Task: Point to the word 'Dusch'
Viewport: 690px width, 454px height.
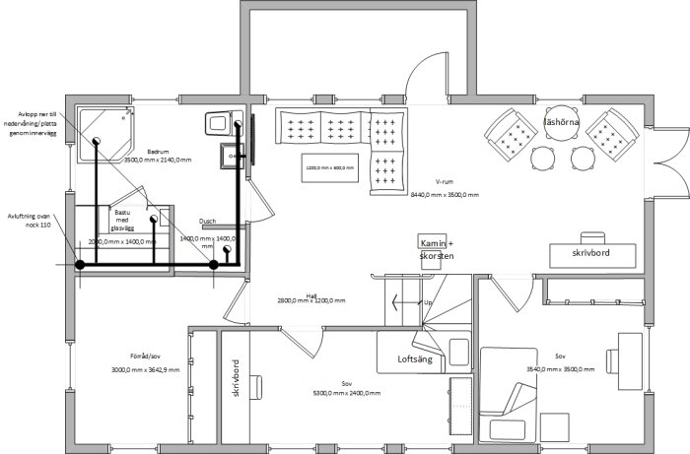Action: coord(207,222)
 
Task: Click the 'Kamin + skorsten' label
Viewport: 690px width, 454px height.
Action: coord(436,249)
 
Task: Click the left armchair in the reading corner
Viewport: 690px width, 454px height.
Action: coord(510,134)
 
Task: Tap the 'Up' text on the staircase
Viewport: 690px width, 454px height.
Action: coord(426,302)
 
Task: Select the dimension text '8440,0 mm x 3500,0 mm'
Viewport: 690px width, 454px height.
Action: coord(445,195)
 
